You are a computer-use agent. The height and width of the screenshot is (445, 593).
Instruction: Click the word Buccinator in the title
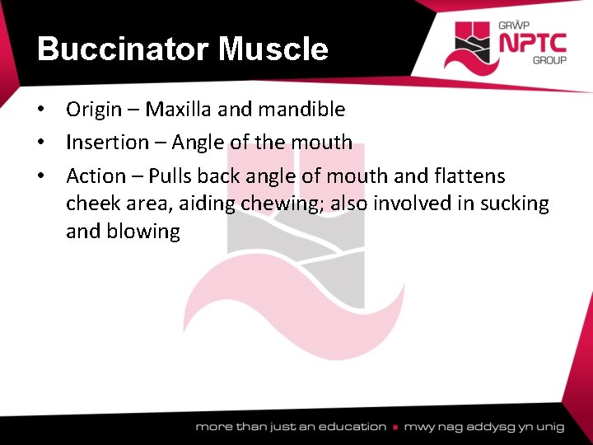124,49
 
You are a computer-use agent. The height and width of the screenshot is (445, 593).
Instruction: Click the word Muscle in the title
273,49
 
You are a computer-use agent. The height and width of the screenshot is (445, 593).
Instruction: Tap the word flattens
470,176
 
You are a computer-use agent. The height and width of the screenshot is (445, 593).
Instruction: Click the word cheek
92,204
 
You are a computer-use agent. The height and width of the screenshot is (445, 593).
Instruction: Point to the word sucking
511,204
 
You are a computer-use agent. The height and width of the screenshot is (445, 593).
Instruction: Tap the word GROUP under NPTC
549,61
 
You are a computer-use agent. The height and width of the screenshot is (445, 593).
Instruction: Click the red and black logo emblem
469,45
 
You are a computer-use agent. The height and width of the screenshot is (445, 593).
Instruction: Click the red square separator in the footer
395,428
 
